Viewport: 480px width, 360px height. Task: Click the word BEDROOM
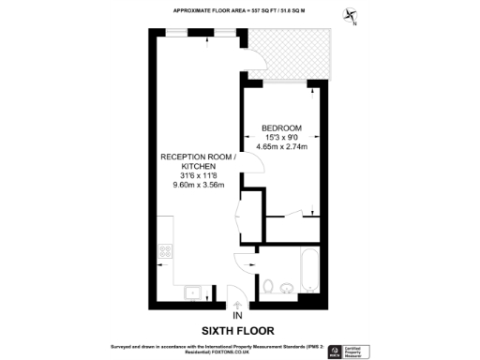(x=281, y=127)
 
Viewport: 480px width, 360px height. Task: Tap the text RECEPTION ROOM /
(x=197, y=157)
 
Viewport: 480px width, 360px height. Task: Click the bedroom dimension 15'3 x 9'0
(x=281, y=137)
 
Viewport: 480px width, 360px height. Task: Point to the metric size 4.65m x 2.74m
(x=281, y=146)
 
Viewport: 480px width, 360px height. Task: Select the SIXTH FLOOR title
(x=238, y=330)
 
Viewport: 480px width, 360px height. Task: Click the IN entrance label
(x=237, y=315)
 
